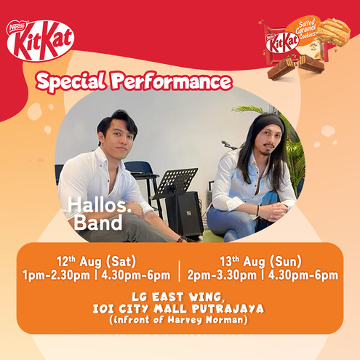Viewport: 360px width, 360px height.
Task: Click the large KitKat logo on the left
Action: point(41,41)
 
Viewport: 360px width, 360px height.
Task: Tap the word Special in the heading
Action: point(71,81)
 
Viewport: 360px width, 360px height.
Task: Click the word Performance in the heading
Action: point(171,81)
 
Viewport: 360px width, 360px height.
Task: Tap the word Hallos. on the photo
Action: point(100,205)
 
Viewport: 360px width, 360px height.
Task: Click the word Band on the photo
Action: point(98,223)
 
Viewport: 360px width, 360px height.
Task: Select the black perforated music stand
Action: point(175,181)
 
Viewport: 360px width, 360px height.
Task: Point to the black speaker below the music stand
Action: point(185,214)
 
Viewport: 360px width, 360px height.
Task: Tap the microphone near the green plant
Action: point(228,144)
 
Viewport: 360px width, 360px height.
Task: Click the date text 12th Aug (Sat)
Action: point(97,261)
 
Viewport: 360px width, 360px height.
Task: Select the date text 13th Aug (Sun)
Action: point(261,261)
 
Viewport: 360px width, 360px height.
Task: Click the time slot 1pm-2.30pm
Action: point(56,276)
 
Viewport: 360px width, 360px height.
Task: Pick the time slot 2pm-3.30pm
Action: point(222,276)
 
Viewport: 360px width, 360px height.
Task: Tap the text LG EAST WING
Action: point(177,297)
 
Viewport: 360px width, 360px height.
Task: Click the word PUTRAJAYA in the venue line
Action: point(228,309)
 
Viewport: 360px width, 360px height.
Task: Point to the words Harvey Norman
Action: point(205,320)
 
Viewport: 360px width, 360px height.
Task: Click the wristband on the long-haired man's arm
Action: point(257,210)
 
